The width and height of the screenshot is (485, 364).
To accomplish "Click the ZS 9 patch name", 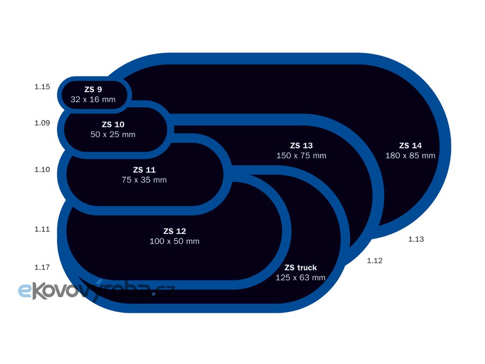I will [93, 89].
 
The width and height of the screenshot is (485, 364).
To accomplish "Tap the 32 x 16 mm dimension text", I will [93, 100].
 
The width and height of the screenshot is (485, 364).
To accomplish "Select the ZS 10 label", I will [113, 124].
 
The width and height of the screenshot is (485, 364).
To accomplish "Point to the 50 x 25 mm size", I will [113, 135].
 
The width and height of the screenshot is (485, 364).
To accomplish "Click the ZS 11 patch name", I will [144, 170].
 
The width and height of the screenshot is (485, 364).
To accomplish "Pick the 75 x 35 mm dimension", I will [144, 180].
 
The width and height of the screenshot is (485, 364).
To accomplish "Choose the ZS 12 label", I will [174, 231].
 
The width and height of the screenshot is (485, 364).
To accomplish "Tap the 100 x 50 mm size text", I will [174, 242].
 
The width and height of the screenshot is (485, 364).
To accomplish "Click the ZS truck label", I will [300, 267].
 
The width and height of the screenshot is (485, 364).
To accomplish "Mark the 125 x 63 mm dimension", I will [300, 278].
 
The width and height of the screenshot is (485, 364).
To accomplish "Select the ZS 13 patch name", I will [301, 146].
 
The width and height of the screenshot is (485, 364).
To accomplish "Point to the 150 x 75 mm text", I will [301, 156].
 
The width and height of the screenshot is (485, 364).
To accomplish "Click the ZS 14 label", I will [410, 146].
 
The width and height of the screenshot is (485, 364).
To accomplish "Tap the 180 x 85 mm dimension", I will [410, 156].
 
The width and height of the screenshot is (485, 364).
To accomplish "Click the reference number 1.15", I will [42, 87].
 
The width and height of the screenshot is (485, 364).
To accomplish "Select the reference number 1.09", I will [42, 123].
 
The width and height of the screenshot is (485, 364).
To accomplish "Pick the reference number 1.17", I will [42, 267].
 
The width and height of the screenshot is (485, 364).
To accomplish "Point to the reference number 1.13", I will [416, 239].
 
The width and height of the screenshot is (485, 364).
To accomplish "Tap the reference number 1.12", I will [375, 261].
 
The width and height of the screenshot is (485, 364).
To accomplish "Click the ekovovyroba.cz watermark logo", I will [95, 290].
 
